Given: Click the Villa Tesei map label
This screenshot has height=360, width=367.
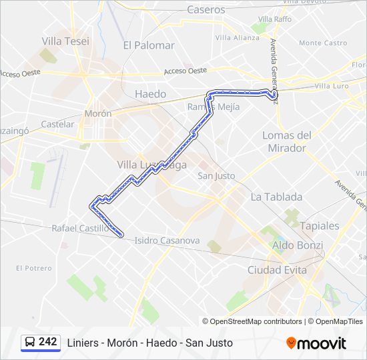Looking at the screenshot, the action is coord(65,41).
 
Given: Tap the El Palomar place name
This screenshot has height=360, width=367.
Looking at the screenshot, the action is coord(149,45).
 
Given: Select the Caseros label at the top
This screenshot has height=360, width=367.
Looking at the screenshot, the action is coord(206,9).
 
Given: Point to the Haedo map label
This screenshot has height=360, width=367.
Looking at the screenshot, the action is coord(150,94).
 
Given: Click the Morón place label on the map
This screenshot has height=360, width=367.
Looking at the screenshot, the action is coord(98,114).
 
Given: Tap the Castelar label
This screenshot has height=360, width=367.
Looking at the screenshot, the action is coord(57,124).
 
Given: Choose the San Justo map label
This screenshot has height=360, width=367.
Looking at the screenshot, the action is coord(216,176).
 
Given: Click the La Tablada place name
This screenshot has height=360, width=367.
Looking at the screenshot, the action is coord(276,197).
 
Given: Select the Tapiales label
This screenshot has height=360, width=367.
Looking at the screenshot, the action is coord(319,225).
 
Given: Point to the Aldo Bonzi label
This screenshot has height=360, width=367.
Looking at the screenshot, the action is coord(298,245).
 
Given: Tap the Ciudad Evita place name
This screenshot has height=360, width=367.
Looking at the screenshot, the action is coord(277,270).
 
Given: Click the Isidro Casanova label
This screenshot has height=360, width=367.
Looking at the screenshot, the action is coord(167,240).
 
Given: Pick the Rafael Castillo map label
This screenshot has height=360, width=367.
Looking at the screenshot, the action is coord(80,228).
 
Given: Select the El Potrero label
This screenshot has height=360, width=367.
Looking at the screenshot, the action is coord(34,268).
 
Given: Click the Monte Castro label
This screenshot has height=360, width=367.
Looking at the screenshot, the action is coord(323,43).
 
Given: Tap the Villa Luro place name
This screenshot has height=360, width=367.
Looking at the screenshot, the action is coord(332,86).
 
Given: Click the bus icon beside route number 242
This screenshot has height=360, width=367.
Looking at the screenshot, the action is coord(30,342).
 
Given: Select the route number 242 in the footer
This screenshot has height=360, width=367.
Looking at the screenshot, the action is coord(48,342).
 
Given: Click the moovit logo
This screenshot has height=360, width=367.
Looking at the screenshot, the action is coord(316,343).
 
